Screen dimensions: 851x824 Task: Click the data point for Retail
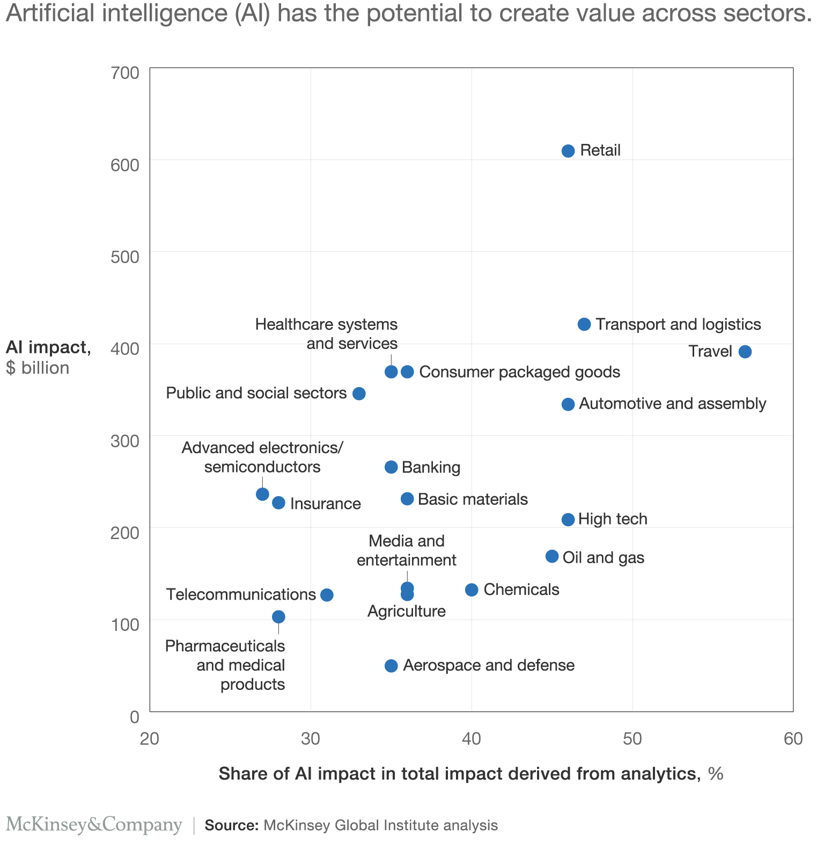tap(568, 151)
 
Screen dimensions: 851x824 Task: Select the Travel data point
tap(745, 352)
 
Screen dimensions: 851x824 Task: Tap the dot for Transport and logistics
tap(584, 324)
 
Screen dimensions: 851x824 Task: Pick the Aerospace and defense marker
tap(391, 666)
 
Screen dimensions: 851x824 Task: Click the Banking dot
tap(391, 467)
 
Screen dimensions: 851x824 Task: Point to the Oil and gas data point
tap(552, 556)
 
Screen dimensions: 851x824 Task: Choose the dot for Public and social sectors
tap(359, 394)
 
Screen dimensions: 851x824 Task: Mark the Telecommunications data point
tap(327, 595)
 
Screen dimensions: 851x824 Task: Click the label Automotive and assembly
tap(673, 404)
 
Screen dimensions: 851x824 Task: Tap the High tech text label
tap(613, 519)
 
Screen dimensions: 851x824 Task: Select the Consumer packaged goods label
tap(519, 372)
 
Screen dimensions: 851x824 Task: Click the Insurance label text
tap(325, 504)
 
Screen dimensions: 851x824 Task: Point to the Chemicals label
tap(521, 590)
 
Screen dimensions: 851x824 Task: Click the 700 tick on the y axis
tap(125, 72)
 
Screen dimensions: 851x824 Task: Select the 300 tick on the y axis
tap(125, 441)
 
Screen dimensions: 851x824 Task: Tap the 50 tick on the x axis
tap(632, 739)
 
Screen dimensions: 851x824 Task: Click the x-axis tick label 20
tap(149, 739)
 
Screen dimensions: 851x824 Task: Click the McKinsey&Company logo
tap(94, 825)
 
